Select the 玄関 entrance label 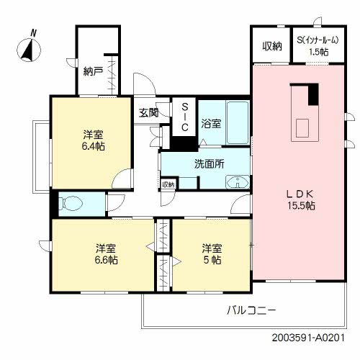[x=149, y=112]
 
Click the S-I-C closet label [x=184, y=117]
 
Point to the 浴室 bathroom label [x=211, y=123]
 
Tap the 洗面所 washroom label [x=209, y=163]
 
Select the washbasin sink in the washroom [x=236, y=184]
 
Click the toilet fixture [x=71, y=204]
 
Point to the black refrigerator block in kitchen [x=312, y=95]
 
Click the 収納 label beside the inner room [x=271, y=46]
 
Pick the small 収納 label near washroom [x=168, y=184]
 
